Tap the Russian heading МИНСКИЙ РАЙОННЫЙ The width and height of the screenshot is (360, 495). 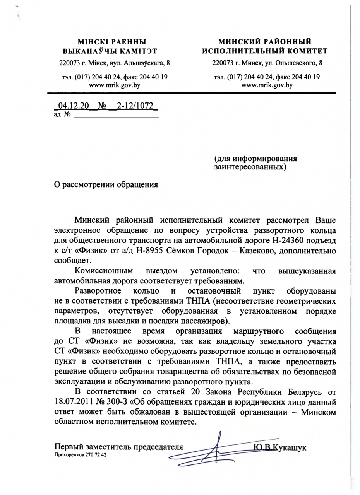coord(265,41)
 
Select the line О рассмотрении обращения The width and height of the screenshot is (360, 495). coord(106,184)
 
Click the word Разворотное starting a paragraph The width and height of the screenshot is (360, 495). coord(98,290)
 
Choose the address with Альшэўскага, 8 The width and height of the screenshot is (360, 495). coord(114,62)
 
